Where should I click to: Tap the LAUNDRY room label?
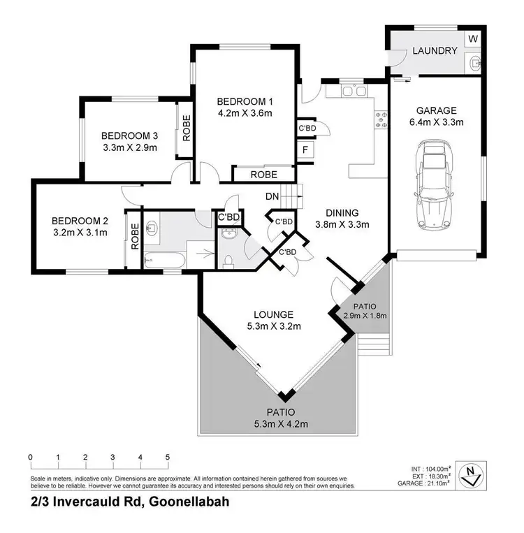(435, 51)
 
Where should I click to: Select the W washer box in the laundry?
(473, 37)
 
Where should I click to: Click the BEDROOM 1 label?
(244, 98)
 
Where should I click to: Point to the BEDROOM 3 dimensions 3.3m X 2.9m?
(129, 147)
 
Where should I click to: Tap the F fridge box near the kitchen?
(306, 151)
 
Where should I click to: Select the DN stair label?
(272, 196)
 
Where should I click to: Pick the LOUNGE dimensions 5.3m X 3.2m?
(273, 326)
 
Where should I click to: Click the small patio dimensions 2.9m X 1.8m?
(364, 315)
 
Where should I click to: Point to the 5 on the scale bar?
(168, 458)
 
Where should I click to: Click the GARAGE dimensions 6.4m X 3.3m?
(436, 122)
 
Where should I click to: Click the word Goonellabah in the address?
(187, 502)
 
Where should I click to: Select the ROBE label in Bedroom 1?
(263, 175)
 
